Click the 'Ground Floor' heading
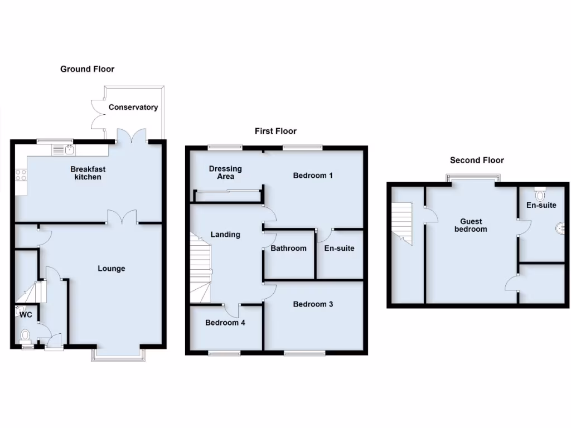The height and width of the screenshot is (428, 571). click(87, 69)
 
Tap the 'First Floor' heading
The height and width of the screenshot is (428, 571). click(275, 131)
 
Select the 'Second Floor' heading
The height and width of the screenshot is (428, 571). click(477, 160)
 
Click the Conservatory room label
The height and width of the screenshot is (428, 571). click(133, 107)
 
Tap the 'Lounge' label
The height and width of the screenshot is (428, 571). click(112, 268)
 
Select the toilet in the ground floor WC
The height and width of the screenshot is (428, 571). click(25, 335)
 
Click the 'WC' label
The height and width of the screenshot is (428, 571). click(26, 315)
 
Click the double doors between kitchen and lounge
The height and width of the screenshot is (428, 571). click(122, 217)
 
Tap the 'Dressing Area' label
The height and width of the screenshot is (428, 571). click(225, 172)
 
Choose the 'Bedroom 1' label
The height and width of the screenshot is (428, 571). click(313, 176)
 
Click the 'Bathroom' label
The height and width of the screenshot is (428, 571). click(288, 248)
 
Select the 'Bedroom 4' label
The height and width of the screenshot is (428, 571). click(225, 322)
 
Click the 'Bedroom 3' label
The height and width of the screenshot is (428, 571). click(313, 304)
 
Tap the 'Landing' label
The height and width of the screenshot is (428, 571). click(225, 234)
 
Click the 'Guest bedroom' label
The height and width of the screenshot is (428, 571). click(470, 225)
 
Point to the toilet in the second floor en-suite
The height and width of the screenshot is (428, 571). click(539, 194)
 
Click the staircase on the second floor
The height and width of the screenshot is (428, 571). click(403, 222)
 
